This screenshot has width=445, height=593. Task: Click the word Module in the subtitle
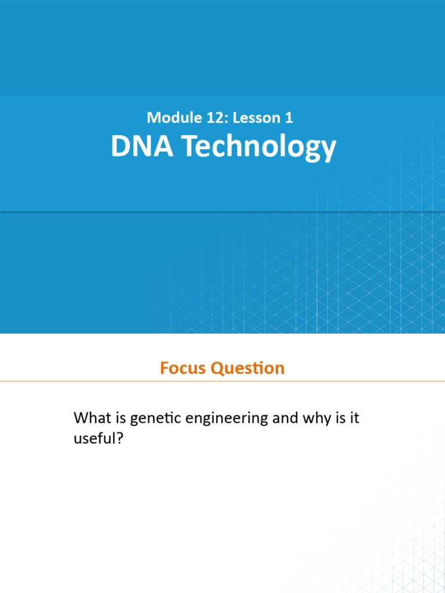click(170, 118)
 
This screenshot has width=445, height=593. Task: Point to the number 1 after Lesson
click(288, 118)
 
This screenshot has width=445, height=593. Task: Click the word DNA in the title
click(142, 147)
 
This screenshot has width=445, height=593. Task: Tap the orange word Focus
click(183, 368)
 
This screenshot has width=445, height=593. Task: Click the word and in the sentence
click(284, 418)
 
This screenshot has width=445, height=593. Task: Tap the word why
click(316, 418)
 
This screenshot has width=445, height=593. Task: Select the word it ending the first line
click(354, 418)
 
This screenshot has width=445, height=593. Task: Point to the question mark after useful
click(122, 438)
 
